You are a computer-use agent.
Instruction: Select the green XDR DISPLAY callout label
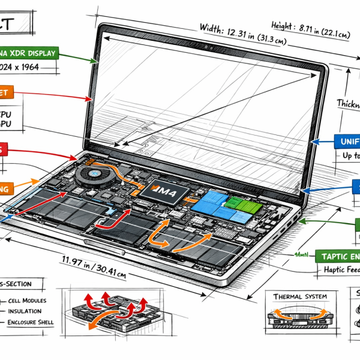(x=30, y=53)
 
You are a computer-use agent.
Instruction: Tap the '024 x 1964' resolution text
(x=28, y=68)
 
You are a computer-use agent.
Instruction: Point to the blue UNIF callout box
(x=342, y=142)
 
